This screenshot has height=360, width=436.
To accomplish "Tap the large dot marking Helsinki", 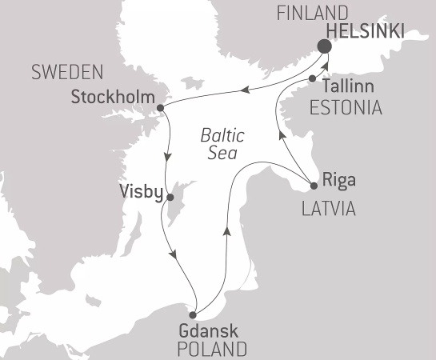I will click(325, 46).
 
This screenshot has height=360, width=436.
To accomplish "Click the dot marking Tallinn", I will click(312, 78).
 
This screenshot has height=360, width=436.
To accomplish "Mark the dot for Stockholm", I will click(161, 107).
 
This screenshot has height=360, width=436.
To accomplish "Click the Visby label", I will click(141, 193).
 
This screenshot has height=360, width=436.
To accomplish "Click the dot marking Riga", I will click(314, 187).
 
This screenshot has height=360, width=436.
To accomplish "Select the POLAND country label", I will click(213, 350).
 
